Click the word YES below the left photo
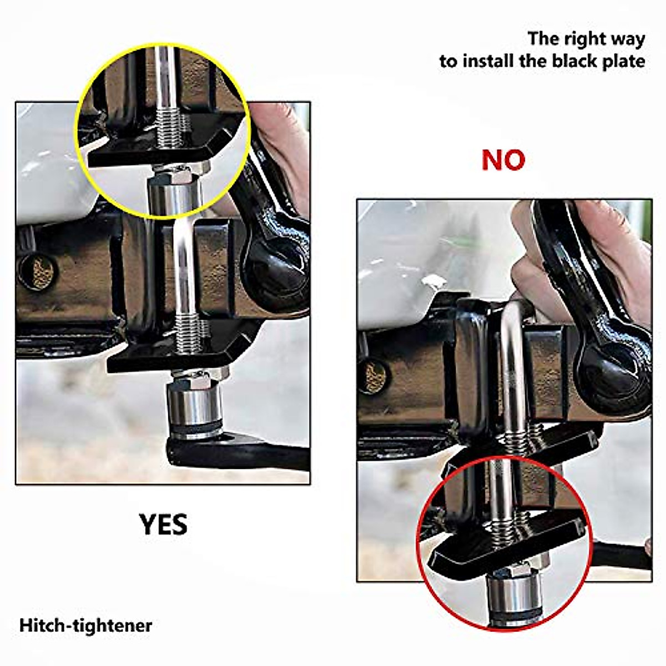coord(163,524)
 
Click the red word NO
coord(503,160)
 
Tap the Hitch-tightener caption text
coord(85,626)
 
